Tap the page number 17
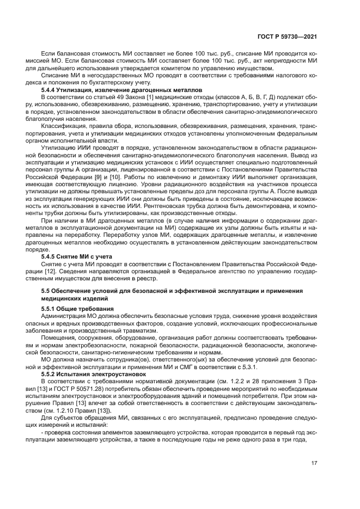(314, 463)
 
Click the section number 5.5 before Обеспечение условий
(46, 291)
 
